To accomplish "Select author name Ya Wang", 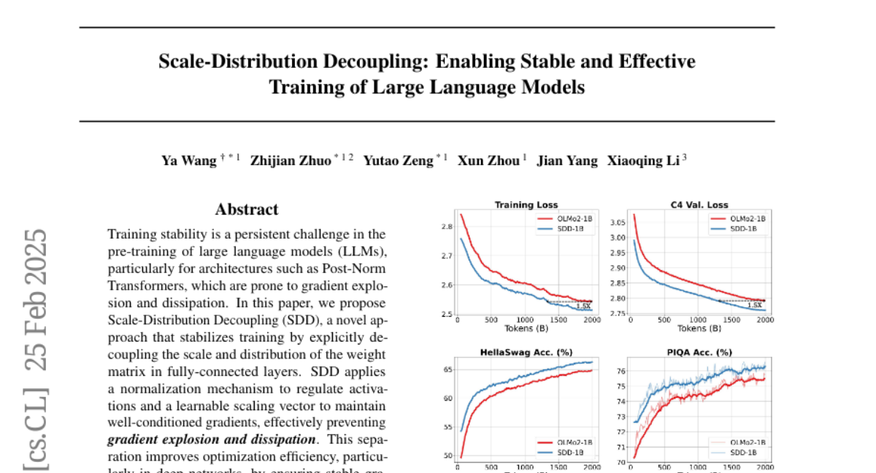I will click(189, 161).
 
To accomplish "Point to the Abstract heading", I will click(246, 209).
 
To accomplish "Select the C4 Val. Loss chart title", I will click(699, 205).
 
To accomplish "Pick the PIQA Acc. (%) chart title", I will click(699, 352).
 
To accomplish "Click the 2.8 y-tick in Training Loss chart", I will click(446, 227).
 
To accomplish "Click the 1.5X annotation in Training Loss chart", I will click(583, 306).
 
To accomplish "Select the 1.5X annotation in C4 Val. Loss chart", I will click(754, 305).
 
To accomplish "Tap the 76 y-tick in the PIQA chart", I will click(621, 372).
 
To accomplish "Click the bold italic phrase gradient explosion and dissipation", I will click(212, 440).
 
